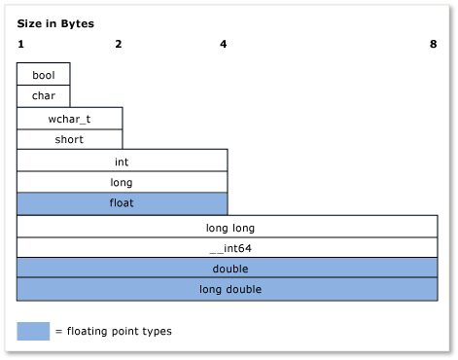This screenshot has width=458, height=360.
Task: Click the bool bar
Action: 44,74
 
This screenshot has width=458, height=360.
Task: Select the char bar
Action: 44,95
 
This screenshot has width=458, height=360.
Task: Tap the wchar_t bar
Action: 70,118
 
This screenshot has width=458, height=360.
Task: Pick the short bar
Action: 70,139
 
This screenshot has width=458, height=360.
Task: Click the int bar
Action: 123,161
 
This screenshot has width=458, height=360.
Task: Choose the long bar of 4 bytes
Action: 123,182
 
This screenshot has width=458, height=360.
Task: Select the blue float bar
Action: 123,203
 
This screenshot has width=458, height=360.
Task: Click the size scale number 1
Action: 20,44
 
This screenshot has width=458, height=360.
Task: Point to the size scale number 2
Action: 118,44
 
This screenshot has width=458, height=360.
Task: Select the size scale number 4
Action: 224,44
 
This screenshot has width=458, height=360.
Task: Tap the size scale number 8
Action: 433,44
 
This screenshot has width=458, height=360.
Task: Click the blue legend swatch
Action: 33,331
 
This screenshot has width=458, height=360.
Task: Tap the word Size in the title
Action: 28,21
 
